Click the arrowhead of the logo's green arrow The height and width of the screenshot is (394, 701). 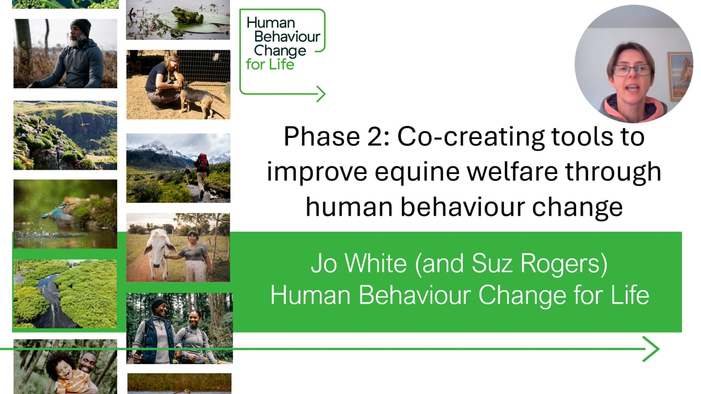coord(321,94)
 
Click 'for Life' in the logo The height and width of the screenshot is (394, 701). coord(270,65)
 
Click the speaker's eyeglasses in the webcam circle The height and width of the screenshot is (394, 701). coord(631,70)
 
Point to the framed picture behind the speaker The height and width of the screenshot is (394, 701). coord(680,76)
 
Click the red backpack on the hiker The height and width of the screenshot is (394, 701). coord(203,161)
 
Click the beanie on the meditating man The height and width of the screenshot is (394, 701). coord(81,26)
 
